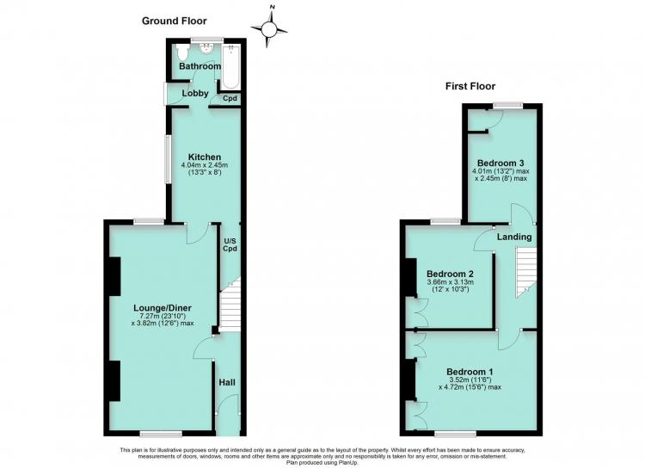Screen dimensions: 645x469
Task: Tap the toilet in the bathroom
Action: [181, 52]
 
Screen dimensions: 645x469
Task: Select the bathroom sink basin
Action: [206, 48]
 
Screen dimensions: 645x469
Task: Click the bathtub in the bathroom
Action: [230, 66]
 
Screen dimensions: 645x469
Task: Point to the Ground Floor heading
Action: [175, 21]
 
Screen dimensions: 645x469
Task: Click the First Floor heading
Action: [470, 86]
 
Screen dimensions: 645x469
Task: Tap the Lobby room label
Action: [195, 94]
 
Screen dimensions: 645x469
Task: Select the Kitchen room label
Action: [205, 157]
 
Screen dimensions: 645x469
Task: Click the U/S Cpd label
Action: [230, 244]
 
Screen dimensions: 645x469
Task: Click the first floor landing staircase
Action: [526, 272]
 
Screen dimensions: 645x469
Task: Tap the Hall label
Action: [227, 383]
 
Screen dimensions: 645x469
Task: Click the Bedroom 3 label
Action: [501, 163]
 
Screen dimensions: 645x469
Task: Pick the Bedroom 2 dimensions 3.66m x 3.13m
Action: [450, 282]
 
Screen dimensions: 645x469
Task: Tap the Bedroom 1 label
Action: [470, 370]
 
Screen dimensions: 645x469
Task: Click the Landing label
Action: [514, 238]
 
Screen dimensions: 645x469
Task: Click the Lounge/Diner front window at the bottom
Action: [161, 433]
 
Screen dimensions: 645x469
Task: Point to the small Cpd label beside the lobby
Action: [230, 98]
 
